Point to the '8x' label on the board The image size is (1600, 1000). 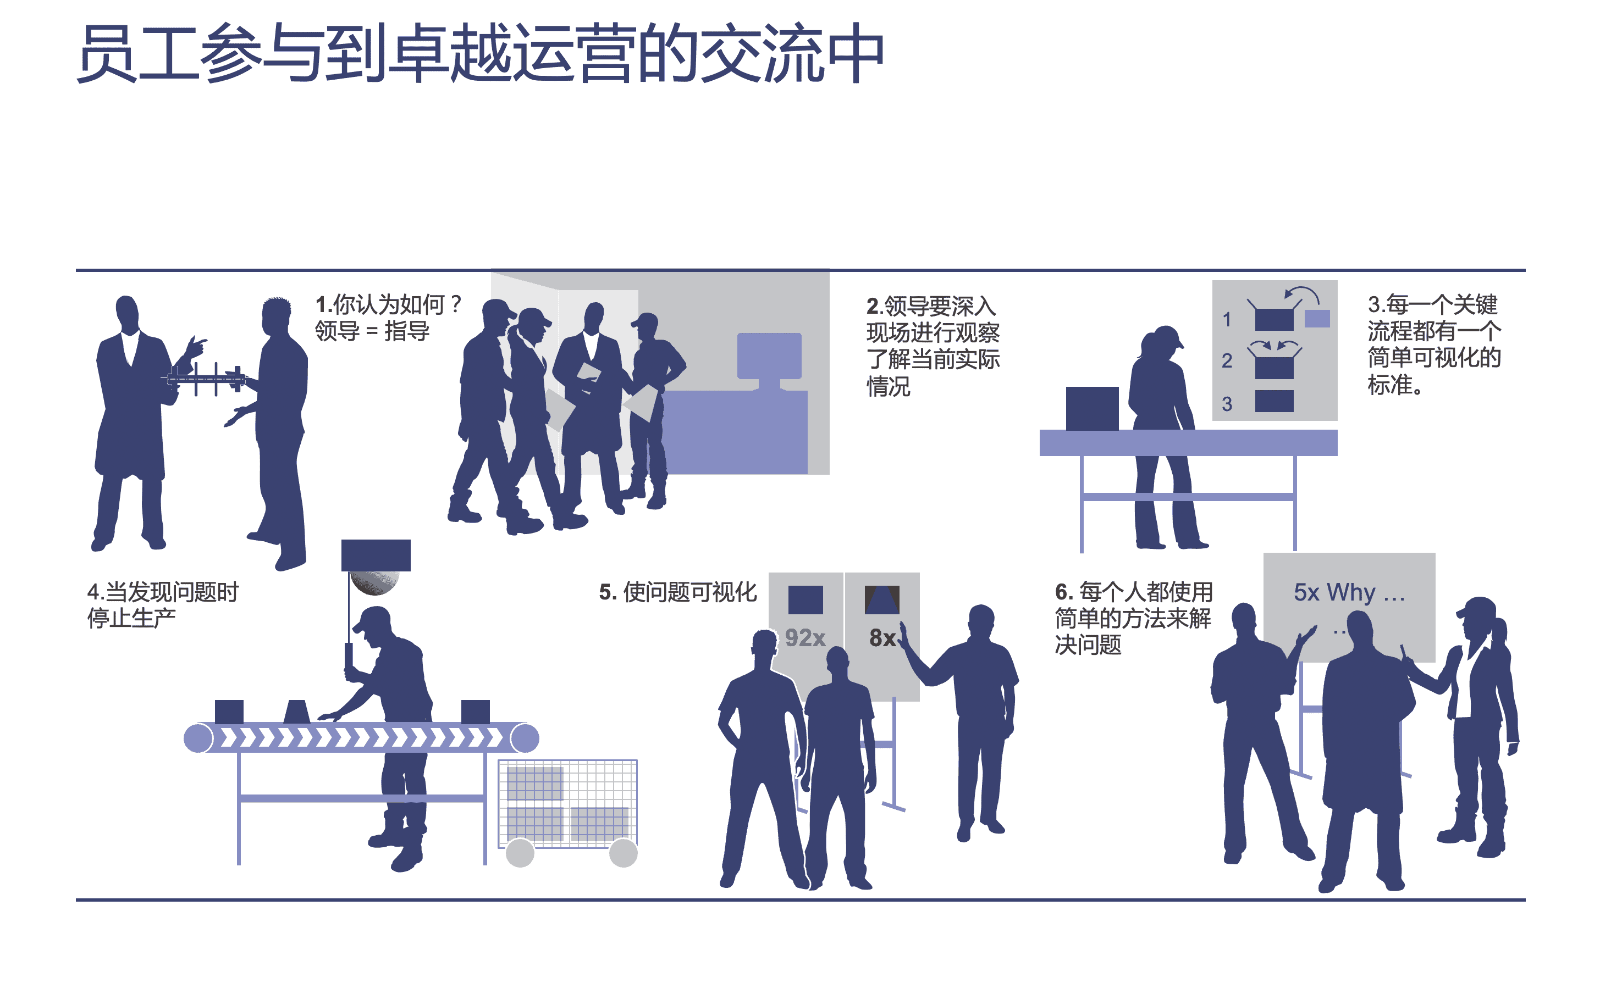[x=881, y=637]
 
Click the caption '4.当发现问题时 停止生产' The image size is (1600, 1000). [x=162, y=604]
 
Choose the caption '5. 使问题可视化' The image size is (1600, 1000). [x=677, y=592]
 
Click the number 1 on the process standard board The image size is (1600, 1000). [x=1226, y=320]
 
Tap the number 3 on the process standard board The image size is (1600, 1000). [x=1226, y=403]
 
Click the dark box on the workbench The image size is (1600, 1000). [x=1091, y=408]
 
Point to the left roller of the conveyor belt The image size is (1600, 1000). [x=198, y=738]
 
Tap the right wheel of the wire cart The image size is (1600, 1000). [x=622, y=853]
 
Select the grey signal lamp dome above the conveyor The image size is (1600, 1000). [x=374, y=582]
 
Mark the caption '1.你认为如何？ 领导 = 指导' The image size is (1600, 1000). [x=387, y=318]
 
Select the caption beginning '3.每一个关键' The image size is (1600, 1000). [x=1433, y=344]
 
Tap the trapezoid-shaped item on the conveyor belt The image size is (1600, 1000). [x=296, y=711]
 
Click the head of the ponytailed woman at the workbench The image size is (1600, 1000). [x=1163, y=342]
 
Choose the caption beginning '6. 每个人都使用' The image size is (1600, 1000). [x=1133, y=618]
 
